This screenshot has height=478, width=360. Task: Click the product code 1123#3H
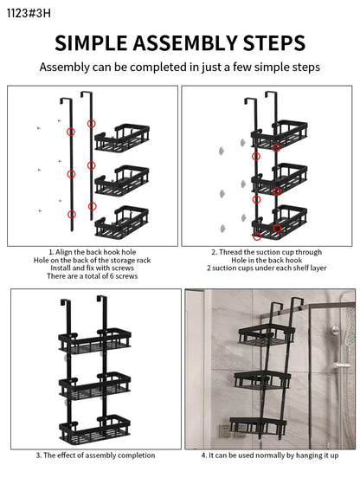point(29,13)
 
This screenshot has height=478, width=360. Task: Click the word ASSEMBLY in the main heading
point(184,42)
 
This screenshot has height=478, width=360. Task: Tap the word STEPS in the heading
point(273,42)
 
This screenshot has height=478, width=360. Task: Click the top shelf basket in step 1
point(122,137)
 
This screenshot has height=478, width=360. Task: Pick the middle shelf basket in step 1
point(122,180)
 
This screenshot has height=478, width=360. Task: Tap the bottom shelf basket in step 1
point(122,222)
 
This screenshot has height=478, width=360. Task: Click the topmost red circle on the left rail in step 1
point(71,132)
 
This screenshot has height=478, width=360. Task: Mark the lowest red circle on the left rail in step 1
point(72,214)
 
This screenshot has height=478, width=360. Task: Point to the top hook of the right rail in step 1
point(87,94)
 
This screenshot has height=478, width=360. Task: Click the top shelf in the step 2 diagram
point(280,134)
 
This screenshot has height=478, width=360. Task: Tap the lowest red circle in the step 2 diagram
point(257,236)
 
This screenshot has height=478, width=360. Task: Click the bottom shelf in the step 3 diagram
point(94,429)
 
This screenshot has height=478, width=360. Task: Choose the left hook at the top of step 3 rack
point(66,304)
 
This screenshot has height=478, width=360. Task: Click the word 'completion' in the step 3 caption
point(136,455)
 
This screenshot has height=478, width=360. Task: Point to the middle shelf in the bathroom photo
point(262,380)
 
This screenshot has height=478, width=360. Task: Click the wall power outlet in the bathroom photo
point(224,430)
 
